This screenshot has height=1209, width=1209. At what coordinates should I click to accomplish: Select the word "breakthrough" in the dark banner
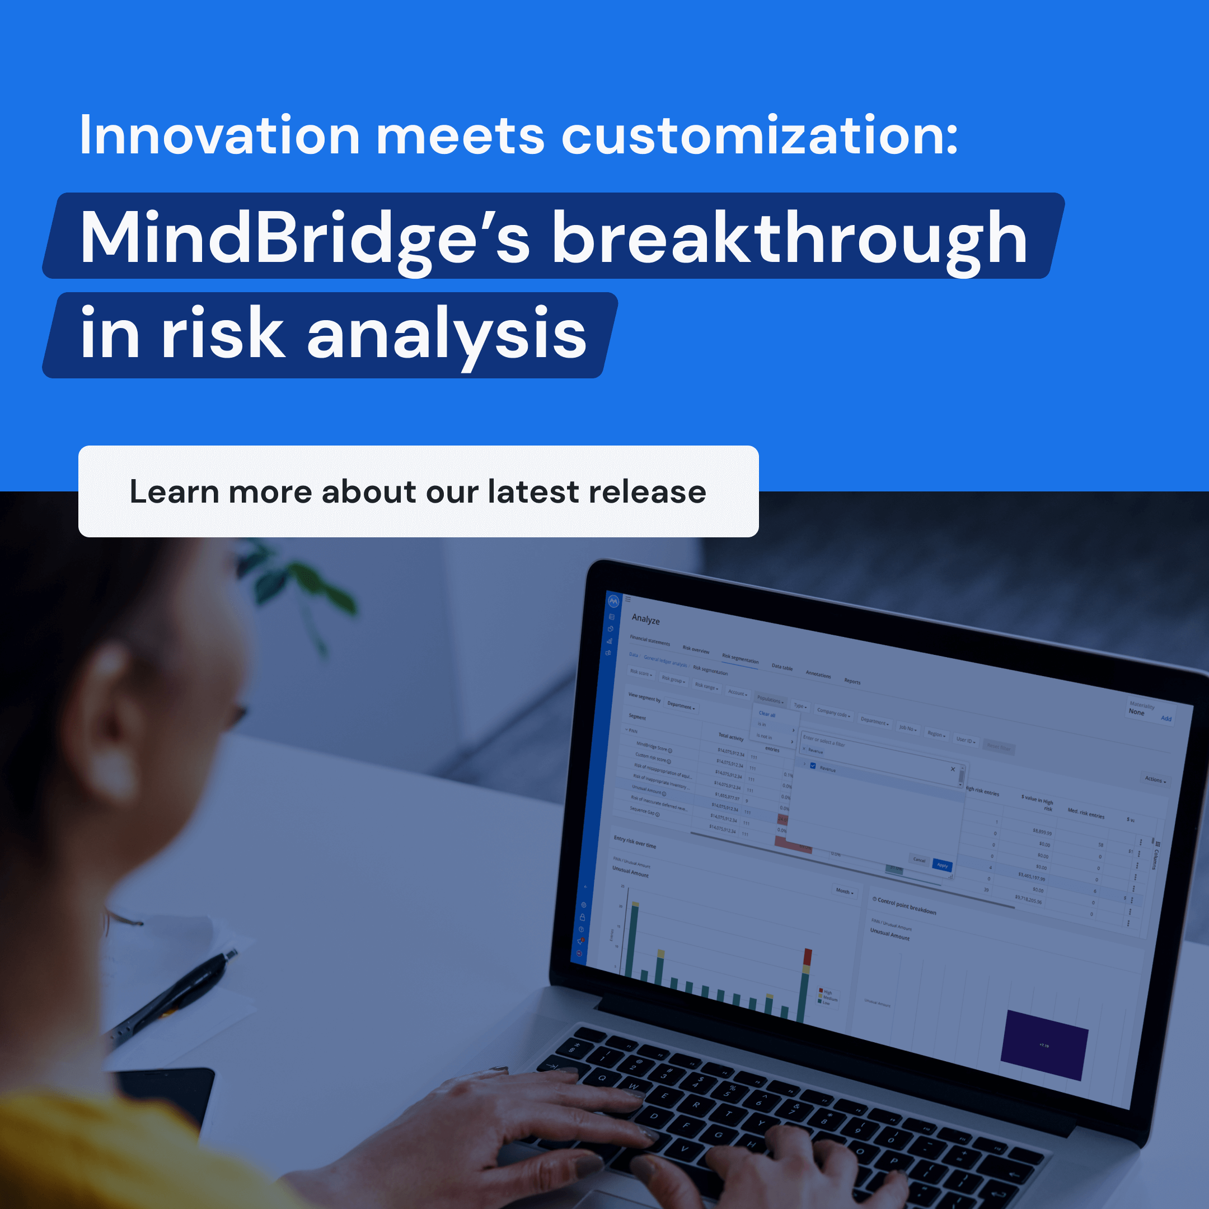pyautogui.click(x=789, y=238)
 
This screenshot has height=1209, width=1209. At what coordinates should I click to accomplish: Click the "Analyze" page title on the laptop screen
pyautogui.click(x=645, y=619)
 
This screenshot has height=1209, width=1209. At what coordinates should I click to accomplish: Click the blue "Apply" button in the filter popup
pyautogui.click(x=942, y=865)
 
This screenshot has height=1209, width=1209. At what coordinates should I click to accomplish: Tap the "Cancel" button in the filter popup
pyautogui.click(x=919, y=860)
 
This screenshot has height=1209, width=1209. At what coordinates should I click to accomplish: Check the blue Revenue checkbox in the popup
pyautogui.click(x=813, y=765)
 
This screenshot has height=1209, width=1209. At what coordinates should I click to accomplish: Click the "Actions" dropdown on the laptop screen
pyautogui.click(x=1155, y=780)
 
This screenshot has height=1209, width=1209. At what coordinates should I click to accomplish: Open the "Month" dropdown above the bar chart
pyautogui.click(x=844, y=891)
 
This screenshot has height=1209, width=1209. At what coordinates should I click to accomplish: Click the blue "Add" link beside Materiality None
pyautogui.click(x=1166, y=718)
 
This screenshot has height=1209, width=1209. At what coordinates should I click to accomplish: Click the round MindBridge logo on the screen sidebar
pyautogui.click(x=613, y=601)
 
